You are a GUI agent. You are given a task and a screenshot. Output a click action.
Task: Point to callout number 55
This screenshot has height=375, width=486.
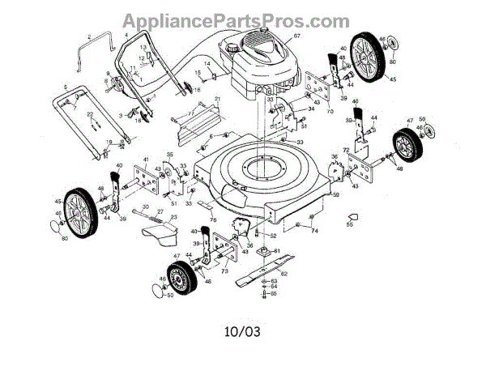pos(350,225)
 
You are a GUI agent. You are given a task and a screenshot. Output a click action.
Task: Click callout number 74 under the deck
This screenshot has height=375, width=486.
pos(314,231)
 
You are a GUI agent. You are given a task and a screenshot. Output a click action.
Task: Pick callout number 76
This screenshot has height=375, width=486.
pos(213,219)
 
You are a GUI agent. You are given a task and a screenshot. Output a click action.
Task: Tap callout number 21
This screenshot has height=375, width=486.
pos(217,99)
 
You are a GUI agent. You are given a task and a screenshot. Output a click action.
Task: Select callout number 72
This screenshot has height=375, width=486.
pos(346,151)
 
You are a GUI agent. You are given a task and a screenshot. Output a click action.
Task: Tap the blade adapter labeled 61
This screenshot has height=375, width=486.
pos(267,253)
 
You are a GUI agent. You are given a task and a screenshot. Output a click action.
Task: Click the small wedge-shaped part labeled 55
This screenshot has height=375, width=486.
pos(351,215)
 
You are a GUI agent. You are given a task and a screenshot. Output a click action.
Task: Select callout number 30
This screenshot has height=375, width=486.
pos(146,207)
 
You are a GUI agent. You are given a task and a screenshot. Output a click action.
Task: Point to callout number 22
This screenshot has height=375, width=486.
pos(91,113)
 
